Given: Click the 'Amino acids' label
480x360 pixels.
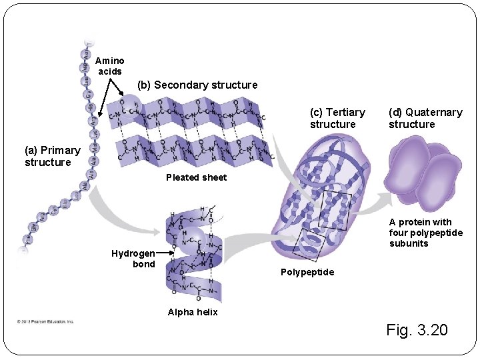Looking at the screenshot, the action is (109, 66).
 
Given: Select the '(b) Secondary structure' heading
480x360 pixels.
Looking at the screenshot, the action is (197, 85).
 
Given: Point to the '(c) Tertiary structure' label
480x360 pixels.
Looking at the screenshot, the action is (337, 118).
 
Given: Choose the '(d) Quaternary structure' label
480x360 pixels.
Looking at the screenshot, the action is (425, 118).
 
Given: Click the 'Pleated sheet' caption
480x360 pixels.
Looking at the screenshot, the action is (196, 177).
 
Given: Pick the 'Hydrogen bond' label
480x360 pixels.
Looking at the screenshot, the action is (133, 259).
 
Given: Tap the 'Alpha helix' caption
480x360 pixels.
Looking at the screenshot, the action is (193, 312).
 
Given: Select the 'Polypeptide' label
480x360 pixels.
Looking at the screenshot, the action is (307, 272).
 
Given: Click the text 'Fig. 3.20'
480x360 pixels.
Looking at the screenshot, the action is (417, 329).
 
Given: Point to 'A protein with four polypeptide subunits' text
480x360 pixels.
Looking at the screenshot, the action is (425, 233).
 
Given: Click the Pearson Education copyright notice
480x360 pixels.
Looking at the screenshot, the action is (46, 321).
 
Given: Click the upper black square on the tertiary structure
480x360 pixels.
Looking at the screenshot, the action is (335, 211).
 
